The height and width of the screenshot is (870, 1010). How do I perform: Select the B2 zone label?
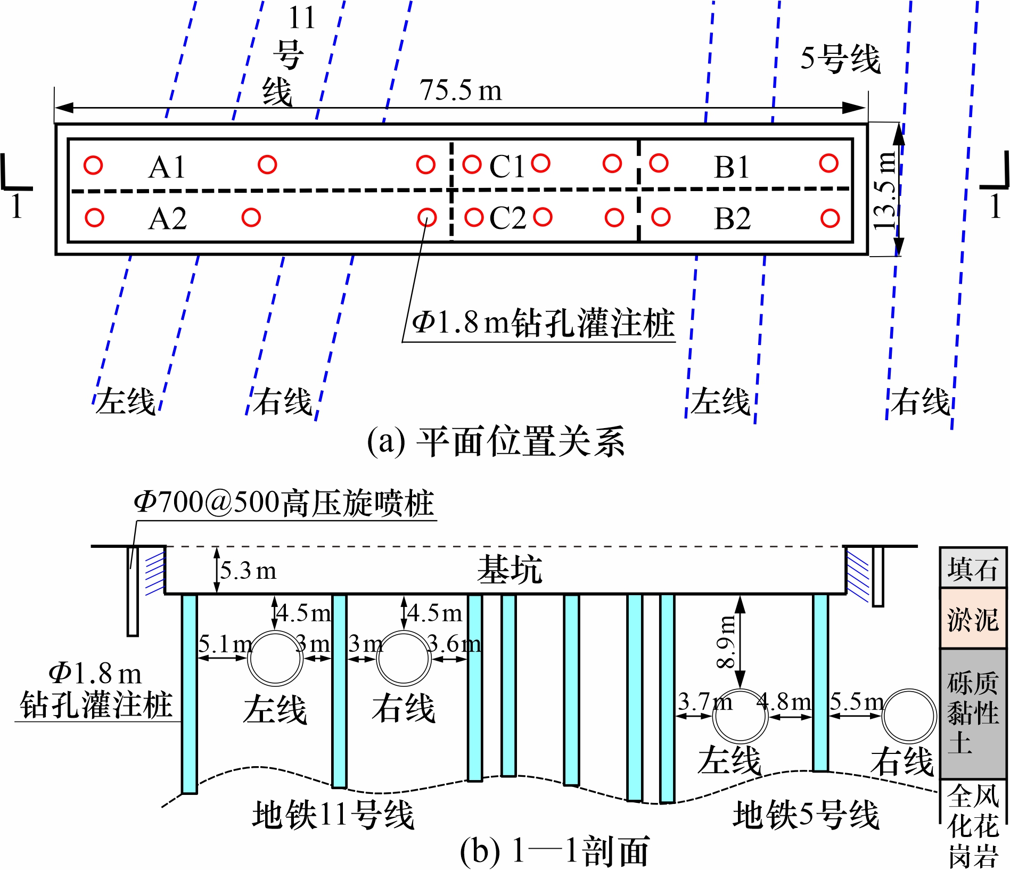[732, 218]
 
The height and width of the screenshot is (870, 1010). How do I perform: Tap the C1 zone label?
[507, 166]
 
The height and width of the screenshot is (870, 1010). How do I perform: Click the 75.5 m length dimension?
[461, 90]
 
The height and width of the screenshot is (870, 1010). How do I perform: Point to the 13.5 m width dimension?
[885, 191]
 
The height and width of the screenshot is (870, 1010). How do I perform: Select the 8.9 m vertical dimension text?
[726, 642]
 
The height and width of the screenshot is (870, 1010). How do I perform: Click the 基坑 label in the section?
[510, 569]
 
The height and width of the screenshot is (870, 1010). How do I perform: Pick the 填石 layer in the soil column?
[972, 569]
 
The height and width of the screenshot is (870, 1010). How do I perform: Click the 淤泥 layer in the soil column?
[972, 619]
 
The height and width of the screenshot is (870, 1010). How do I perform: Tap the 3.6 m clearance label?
[454, 644]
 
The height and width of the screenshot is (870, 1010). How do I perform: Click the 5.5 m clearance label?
[857, 702]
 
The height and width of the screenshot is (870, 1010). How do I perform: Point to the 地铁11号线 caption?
[333, 815]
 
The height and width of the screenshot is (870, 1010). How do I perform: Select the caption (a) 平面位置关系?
[496, 441]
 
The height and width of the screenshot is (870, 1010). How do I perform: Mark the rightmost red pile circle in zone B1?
[829, 163]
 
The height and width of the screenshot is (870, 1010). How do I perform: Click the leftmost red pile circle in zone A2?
[94, 217]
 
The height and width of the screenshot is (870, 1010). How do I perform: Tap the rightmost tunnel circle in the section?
[909, 716]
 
